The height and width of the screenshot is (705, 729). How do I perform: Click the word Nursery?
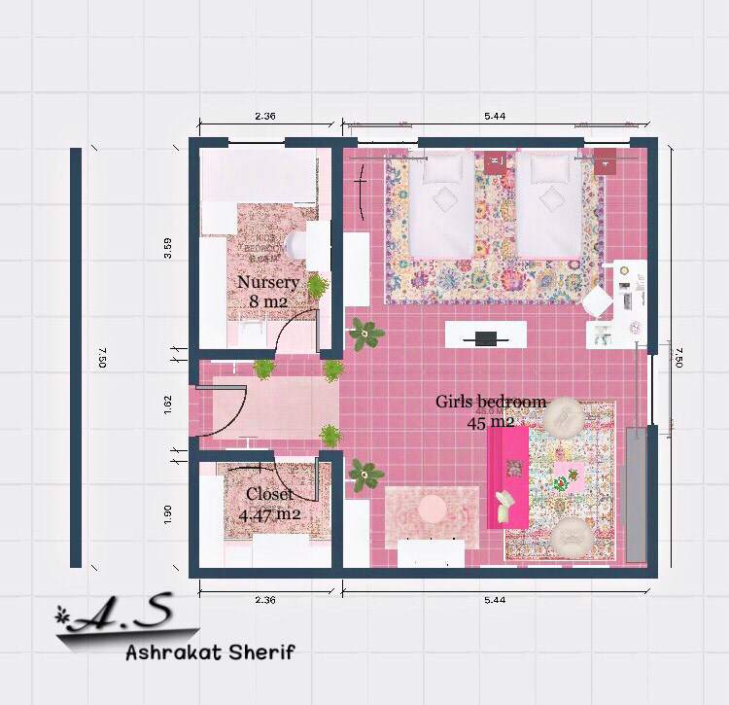[x=268, y=282]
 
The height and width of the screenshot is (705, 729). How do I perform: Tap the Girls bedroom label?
[x=490, y=402]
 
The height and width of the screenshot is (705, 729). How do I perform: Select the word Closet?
[x=269, y=494]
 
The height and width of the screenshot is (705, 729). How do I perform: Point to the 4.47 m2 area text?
[x=269, y=514]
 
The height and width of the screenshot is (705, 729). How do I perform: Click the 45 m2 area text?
[x=490, y=421]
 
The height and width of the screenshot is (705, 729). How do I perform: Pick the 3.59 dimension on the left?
[x=168, y=248]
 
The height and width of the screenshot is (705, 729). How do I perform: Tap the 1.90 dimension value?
[x=168, y=513]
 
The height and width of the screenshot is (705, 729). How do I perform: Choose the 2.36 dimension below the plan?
[x=265, y=600]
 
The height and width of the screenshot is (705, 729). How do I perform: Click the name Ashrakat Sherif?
[x=209, y=652]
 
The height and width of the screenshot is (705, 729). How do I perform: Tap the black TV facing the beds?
[x=486, y=338]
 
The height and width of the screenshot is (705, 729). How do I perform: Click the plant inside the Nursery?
[x=317, y=285]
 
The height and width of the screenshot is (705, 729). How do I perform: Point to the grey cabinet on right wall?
[x=636, y=493]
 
